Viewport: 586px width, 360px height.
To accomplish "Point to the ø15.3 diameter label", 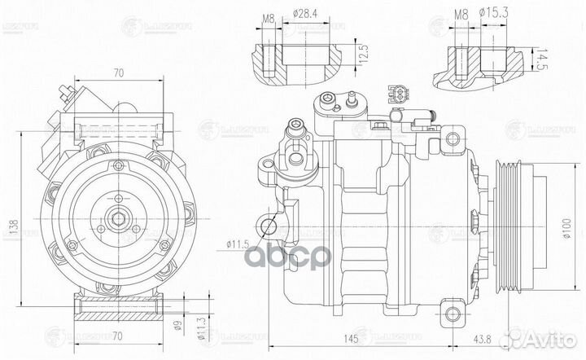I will click(x=496, y=13).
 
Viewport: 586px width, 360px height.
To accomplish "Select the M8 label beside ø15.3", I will click(x=461, y=13).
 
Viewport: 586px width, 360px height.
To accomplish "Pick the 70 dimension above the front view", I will click(x=117, y=72).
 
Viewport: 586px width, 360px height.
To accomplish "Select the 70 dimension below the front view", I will click(x=119, y=335).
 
